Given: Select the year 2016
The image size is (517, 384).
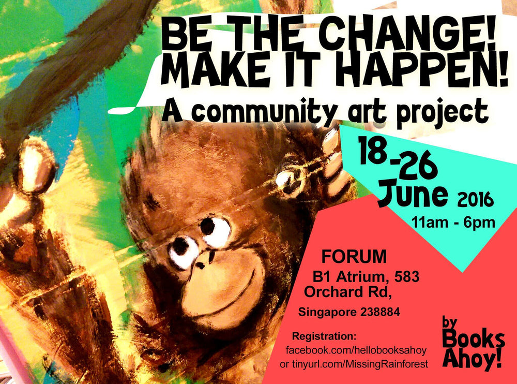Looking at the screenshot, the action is point(476,199).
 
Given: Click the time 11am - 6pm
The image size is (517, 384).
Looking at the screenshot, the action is point(453,223).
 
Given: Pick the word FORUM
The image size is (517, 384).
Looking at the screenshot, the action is point(354,257).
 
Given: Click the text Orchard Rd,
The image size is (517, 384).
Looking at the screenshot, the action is point(348,292).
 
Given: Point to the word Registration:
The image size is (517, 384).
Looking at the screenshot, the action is point(324,336).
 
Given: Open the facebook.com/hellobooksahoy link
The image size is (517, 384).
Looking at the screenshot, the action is point(356,350).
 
